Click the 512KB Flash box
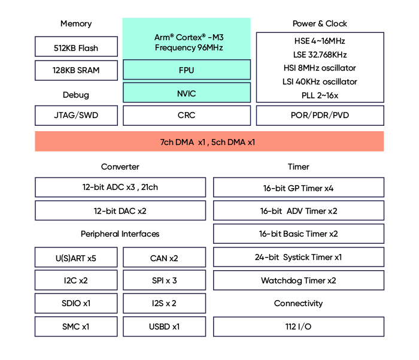tap(76, 47)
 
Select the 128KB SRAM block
tap(76, 70)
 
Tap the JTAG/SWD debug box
tap(76, 116)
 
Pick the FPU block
tap(187, 70)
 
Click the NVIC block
tap(187, 93)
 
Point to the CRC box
tap(187, 116)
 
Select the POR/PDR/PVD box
tap(320, 116)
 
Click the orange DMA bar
tap(209, 142)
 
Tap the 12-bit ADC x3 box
tap(120, 187)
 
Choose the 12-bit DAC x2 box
tap(120, 211)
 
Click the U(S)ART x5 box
tap(76, 258)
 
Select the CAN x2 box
tap(164, 258)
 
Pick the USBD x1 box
tap(164, 326)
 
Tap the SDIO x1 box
tap(76, 303)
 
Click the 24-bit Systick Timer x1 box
tap(298, 257)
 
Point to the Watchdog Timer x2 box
tap(298, 280)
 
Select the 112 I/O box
tap(298, 326)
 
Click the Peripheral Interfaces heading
tap(120, 234)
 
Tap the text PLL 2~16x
tap(320, 95)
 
